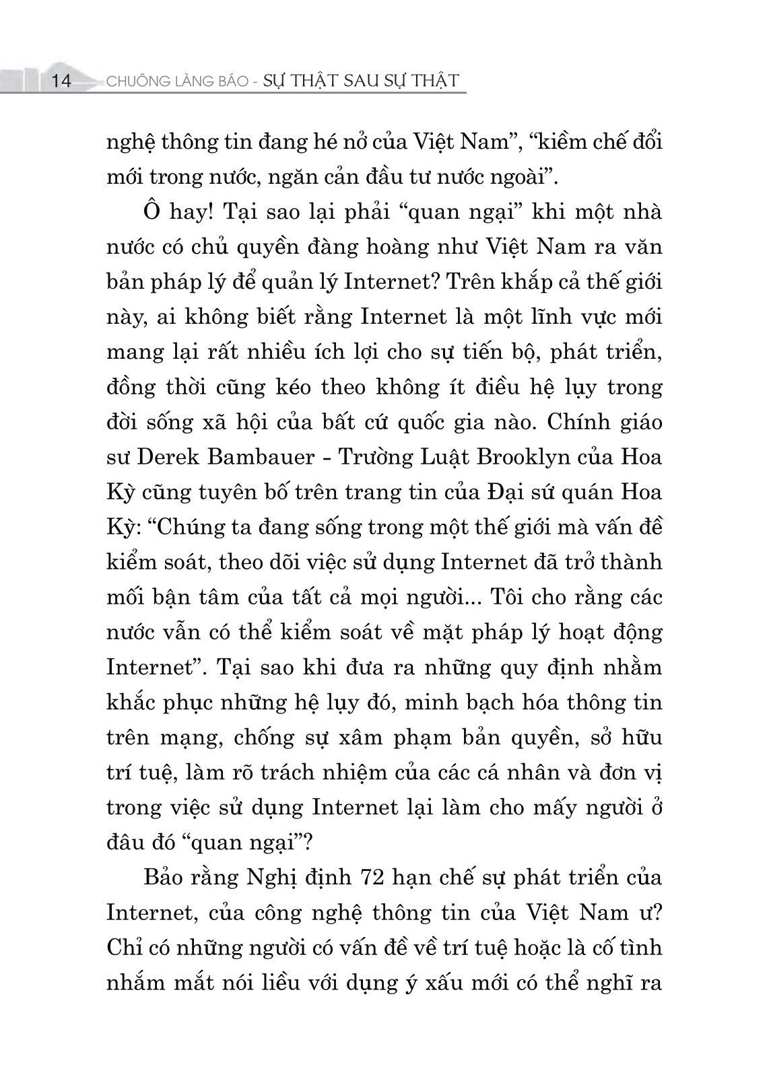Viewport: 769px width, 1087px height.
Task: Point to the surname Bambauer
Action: [257, 457]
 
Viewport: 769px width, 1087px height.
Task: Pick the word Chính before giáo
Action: [579, 422]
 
